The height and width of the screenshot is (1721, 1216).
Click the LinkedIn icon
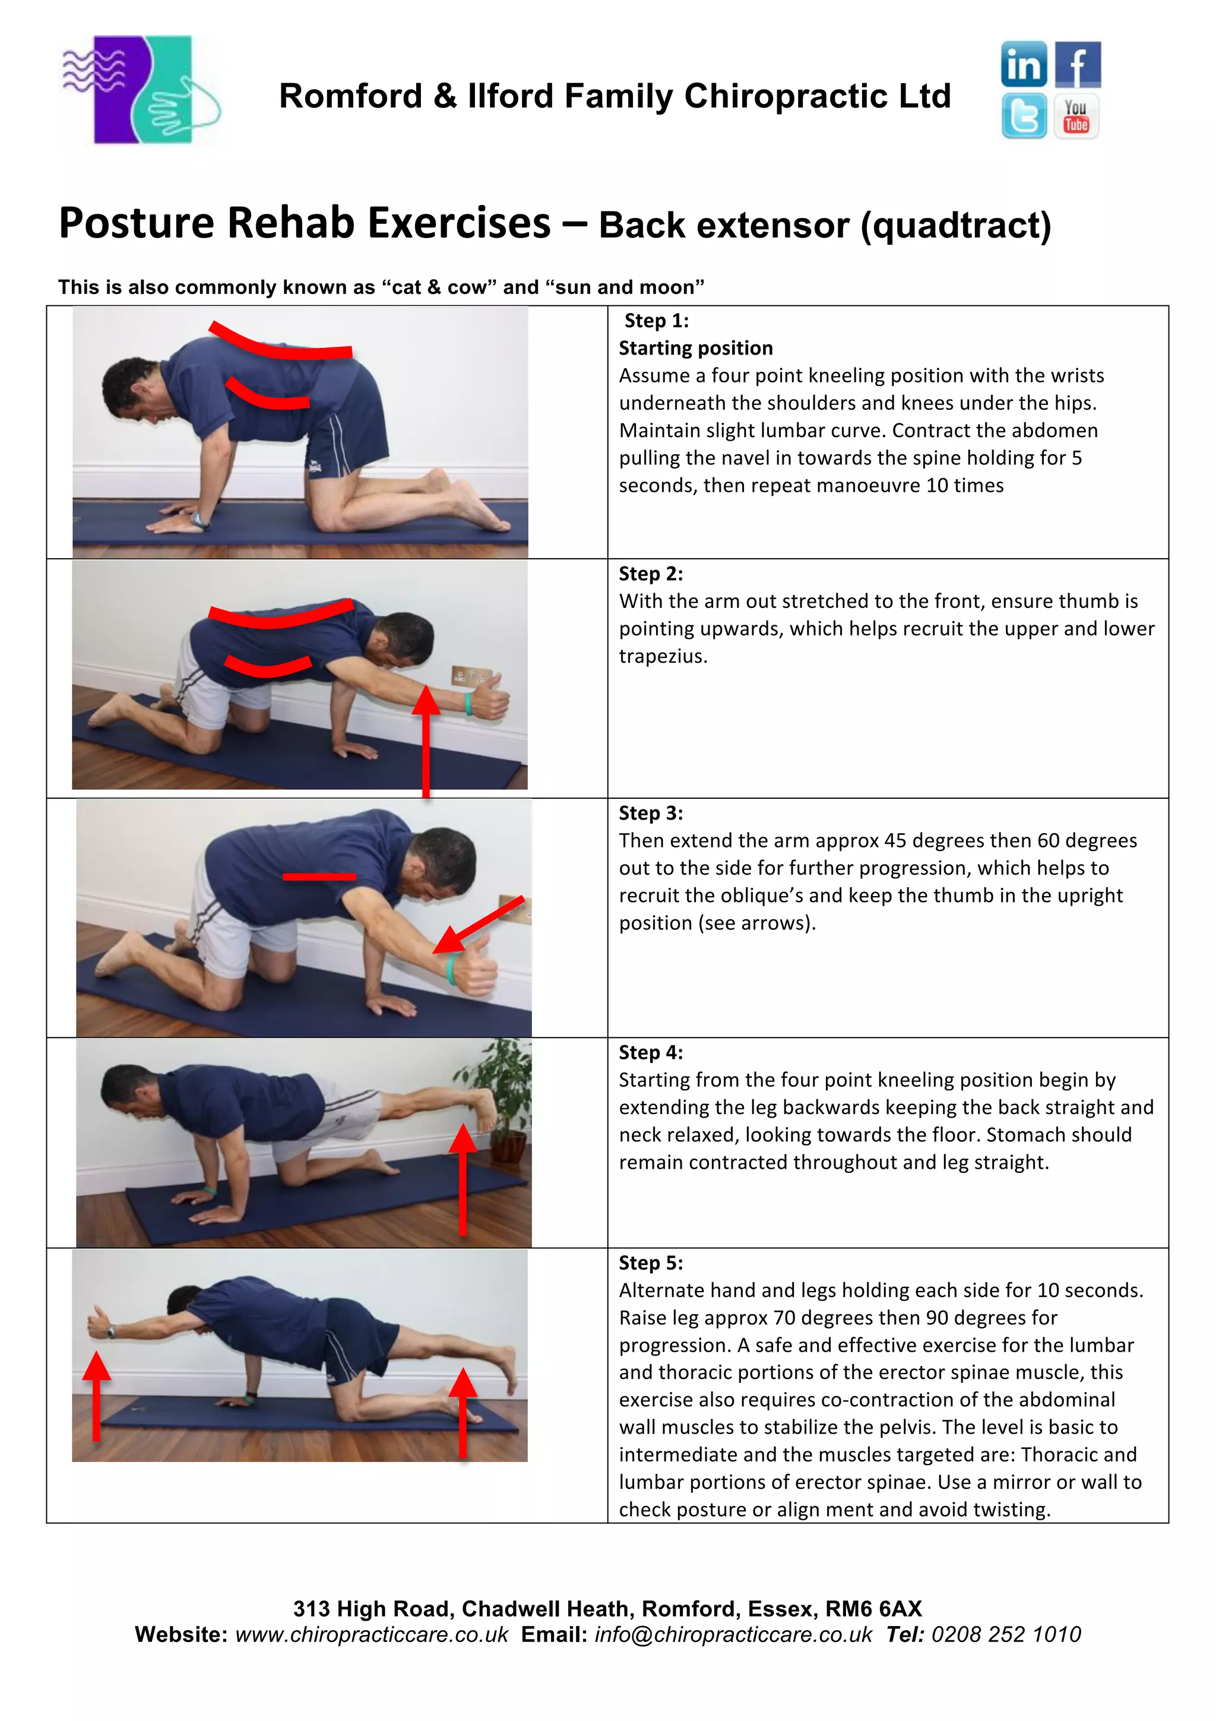point(1024,65)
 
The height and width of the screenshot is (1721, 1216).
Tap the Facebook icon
point(1078,65)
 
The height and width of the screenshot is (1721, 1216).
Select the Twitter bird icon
point(1024,116)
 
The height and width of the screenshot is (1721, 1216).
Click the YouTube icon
point(1076,116)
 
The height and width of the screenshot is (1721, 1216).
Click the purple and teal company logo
point(140,90)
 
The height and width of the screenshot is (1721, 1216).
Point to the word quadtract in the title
point(956,226)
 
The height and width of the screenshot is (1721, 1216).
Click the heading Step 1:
point(656,321)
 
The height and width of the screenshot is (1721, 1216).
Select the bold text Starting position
point(695,349)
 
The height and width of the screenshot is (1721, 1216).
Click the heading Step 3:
point(650,813)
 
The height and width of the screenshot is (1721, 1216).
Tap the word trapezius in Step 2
point(662,657)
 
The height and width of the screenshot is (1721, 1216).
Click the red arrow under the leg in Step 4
point(463,1178)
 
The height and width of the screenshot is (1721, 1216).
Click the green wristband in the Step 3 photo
point(452,969)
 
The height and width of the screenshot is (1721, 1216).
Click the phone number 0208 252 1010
point(1005,1634)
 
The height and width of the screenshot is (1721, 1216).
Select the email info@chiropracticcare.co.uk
point(733,1634)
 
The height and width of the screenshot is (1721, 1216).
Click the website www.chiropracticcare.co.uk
point(372,1634)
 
